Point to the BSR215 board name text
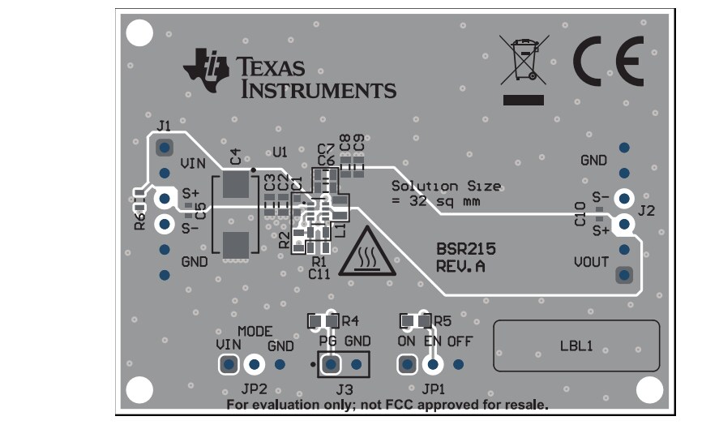465,249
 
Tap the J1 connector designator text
164,127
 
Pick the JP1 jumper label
434,389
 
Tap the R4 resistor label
350,320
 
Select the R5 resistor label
442,320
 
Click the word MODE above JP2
255,332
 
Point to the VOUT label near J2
591,263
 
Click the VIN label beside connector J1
192,163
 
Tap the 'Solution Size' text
445,186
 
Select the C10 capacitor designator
580,216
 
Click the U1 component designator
280,152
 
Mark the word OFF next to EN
460,341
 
